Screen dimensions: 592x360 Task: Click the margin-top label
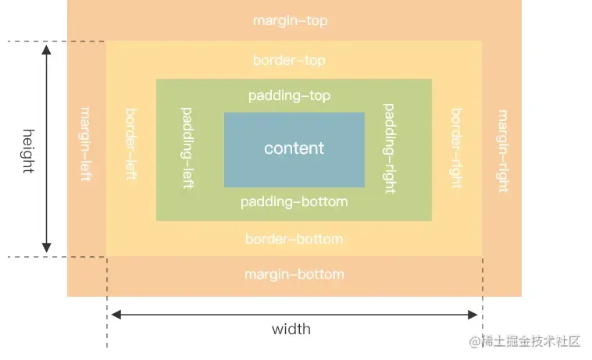coord(290,21)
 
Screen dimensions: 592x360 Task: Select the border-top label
coord(289,60)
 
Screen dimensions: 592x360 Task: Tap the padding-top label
coord(289,96)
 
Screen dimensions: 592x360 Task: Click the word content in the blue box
coord(294,148)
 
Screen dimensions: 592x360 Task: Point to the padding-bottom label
coord(294,202)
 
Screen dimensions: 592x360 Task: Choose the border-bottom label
coord(294,239)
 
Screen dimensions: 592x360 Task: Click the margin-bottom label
coord(294,274)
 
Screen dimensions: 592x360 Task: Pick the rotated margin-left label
coord(86,144)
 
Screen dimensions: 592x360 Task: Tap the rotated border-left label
coord(131,144)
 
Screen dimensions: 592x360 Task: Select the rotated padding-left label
coord(187,148)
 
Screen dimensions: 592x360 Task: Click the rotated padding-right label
coord(389,148)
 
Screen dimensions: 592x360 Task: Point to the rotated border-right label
coord(457,148)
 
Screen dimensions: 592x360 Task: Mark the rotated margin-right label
coord(503,151)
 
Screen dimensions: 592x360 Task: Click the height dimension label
coord(29,151)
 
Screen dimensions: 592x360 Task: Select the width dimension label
coord(291,330)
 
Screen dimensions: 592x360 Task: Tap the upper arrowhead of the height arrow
coord(46,49)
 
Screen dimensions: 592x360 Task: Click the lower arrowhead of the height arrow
coord(46,248)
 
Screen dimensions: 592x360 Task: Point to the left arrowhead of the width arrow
coord(116,315)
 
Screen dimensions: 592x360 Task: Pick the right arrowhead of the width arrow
coord(473,315)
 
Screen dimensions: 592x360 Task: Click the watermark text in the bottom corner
coord(525,341)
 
